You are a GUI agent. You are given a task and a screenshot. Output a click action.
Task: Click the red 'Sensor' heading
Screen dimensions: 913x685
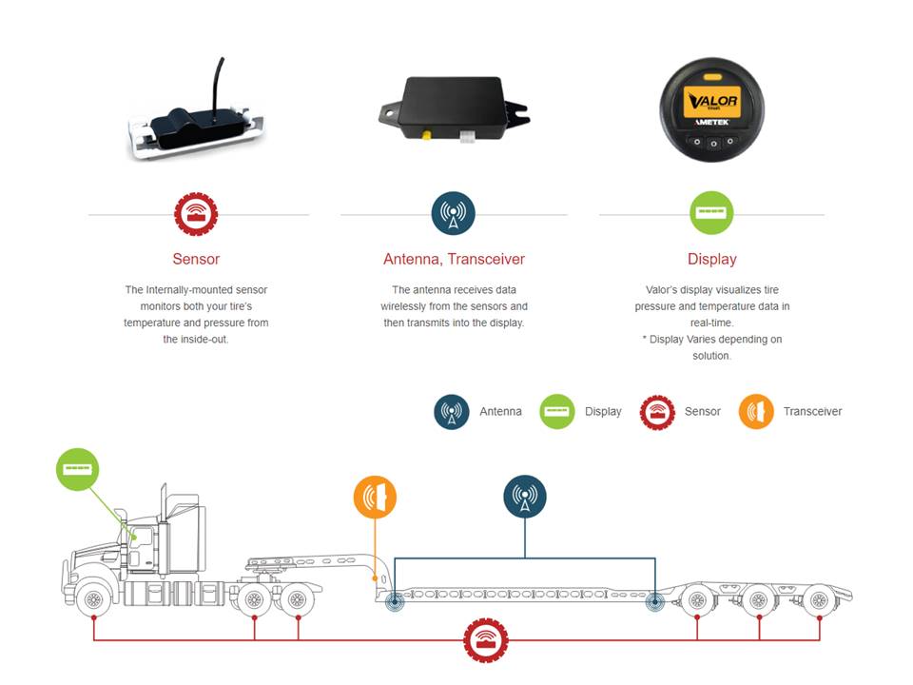(196, 259)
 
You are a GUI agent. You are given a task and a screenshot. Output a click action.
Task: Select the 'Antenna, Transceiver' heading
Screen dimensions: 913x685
(455, 259)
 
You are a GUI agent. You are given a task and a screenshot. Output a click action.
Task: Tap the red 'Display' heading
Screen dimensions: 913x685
(712, 259)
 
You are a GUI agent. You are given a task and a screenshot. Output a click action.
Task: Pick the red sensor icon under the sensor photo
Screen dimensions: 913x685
(196, 214)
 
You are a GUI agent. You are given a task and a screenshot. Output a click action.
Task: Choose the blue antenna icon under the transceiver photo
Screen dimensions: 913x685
(454, 213)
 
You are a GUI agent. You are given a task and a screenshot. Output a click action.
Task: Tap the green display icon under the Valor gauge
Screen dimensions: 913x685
(711, 212)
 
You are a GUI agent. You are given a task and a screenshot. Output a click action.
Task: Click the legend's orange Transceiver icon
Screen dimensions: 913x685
(756, 412)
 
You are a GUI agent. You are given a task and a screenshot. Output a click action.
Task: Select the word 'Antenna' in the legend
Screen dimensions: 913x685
(501, 412)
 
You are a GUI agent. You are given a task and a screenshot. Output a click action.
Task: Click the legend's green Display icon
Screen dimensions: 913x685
(557, 412)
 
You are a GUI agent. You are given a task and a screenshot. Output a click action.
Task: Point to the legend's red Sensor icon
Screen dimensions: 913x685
(657, 412)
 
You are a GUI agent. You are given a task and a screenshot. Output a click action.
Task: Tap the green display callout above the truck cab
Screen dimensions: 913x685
(77, 469)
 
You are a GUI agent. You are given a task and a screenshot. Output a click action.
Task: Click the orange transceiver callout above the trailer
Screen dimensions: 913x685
(375, 497)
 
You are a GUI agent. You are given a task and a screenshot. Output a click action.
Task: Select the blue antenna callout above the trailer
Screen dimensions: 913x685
(525, 497)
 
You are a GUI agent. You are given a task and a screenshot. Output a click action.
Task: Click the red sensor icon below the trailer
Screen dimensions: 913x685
(486, 640)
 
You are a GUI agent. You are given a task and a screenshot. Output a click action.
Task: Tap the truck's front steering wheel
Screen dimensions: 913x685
(93, 599)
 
